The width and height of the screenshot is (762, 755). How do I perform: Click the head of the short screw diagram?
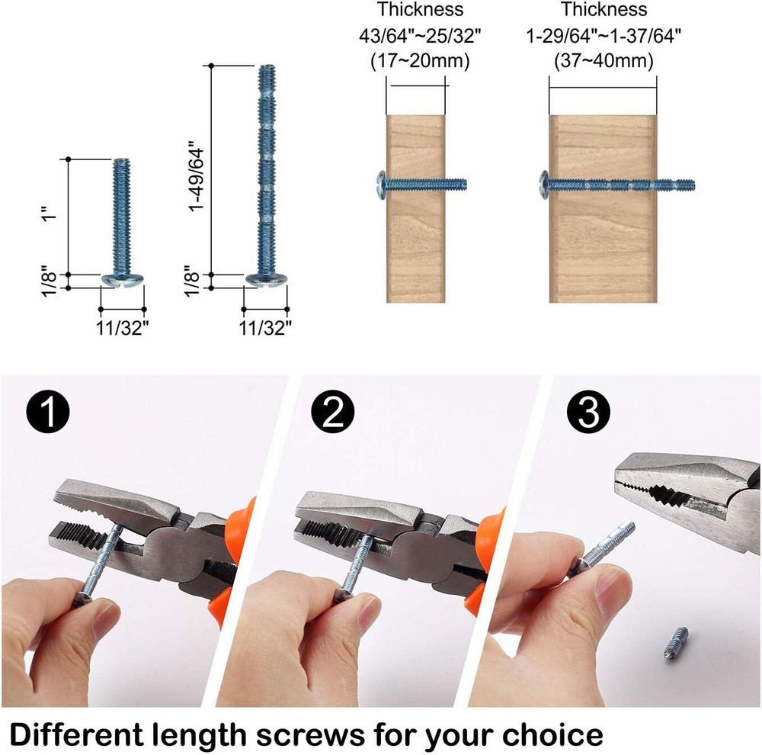pos(123,280)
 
